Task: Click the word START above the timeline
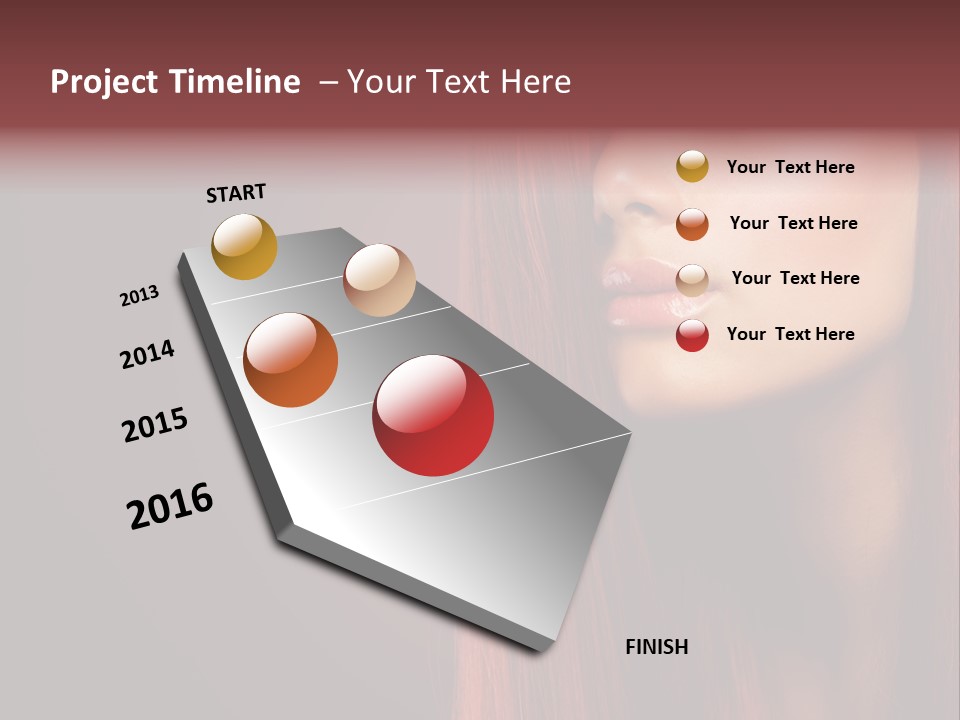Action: click(x=236, y=193)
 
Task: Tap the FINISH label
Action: click(x=656, y=647)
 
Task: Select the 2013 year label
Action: click(x=139, y=296)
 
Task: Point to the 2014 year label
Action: click(x=147, y=355)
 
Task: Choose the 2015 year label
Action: click(x=155, y=425)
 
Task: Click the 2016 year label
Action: click(x=170, y=506)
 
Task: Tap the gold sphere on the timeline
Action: click(x=244, y=246)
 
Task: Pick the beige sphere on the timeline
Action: click(x=379, y=280)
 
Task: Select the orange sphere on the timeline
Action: click(x=291, y=360)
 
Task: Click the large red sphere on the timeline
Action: click(x=433, y=415)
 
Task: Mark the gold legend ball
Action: click(x=692, y=167)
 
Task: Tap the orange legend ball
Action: click(x=692, y=223)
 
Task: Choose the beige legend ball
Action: click(x=692, y=279)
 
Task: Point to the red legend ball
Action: click(x=692, y=335)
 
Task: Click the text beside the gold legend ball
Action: click(x=790, y=167)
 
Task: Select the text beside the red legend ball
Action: click(x=790, y=334)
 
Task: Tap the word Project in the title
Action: click(x=105, y=82)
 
